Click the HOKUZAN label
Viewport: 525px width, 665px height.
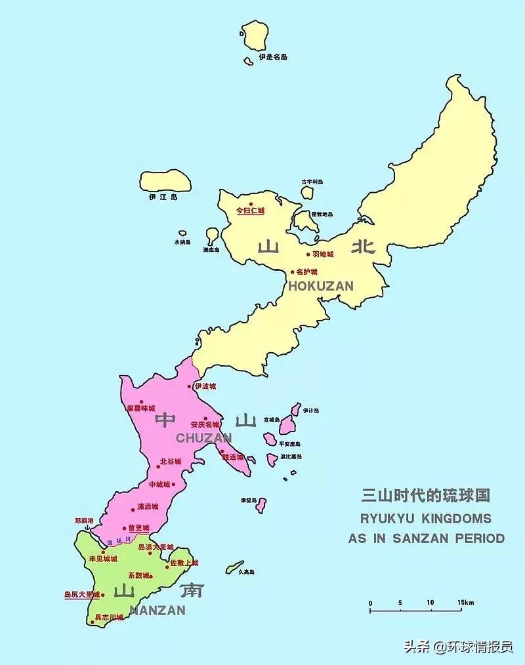pos(320,286)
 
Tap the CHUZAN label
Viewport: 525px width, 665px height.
pos(203,437)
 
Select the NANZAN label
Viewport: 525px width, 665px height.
pos(157,610)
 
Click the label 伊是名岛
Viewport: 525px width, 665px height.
pos(272,57)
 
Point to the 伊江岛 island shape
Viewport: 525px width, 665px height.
pos(165,181)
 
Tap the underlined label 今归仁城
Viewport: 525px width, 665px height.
pos(250,211)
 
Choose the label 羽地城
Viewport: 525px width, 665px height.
pos(323,254)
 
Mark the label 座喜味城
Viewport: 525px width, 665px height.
pos(141,408)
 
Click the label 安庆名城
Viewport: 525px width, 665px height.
pos(205,425)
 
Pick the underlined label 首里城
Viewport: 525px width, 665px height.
pos(138,528)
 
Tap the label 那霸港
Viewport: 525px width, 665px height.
pos(84,521)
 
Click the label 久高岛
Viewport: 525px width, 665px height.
pos(246,572)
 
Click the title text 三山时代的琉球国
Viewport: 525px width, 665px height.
pos(426,495)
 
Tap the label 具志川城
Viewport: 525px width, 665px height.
pos(109,617)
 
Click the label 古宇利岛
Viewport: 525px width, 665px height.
pos(312,182)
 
